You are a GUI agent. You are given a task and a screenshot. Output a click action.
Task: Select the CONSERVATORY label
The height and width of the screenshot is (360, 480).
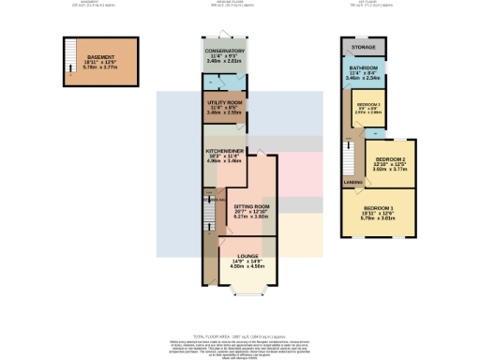click(x=224, y=52)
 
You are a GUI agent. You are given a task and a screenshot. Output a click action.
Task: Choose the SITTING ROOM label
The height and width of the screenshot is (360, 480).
click(x=251, y=205)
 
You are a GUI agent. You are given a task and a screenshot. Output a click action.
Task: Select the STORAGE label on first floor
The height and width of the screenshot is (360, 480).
click(x=364, y=46)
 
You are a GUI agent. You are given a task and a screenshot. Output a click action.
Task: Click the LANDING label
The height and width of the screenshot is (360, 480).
click(x=353, y=182)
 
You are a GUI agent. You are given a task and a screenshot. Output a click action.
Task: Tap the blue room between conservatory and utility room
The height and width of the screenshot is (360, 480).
click(x=224, y=82)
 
